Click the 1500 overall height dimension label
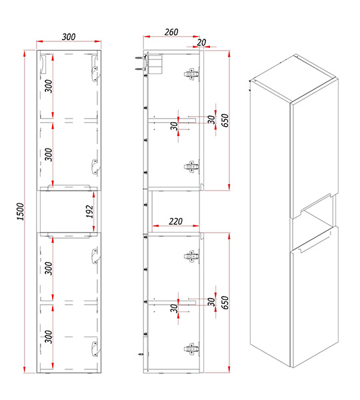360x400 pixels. [20, 211]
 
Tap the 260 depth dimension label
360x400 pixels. [171, 32]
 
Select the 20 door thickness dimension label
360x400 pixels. [201, 43]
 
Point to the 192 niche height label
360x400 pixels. [89, 211]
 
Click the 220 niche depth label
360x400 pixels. [175, 221]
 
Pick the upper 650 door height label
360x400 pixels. [225, 121]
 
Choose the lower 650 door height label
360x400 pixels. [225, 303]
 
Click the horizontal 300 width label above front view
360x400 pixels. [69, 37]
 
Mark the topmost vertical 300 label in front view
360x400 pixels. [49, 86]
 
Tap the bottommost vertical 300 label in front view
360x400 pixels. [49, 337]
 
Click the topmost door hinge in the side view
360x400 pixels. [191, 74]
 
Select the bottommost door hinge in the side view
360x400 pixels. [191, 349]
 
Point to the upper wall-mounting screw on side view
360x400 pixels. [139, 59]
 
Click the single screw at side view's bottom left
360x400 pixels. [141, 354]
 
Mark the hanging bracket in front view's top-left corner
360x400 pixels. [43, 64]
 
